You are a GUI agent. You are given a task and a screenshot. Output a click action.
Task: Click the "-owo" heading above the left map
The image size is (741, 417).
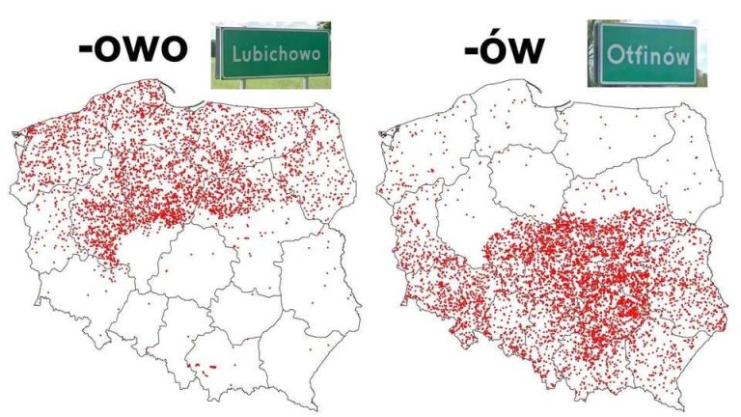tap(131, 49)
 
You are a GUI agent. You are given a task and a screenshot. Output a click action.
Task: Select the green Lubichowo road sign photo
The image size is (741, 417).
tap(270, 55)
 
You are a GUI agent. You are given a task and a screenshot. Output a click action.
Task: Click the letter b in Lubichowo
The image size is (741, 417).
tap(251, 52)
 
